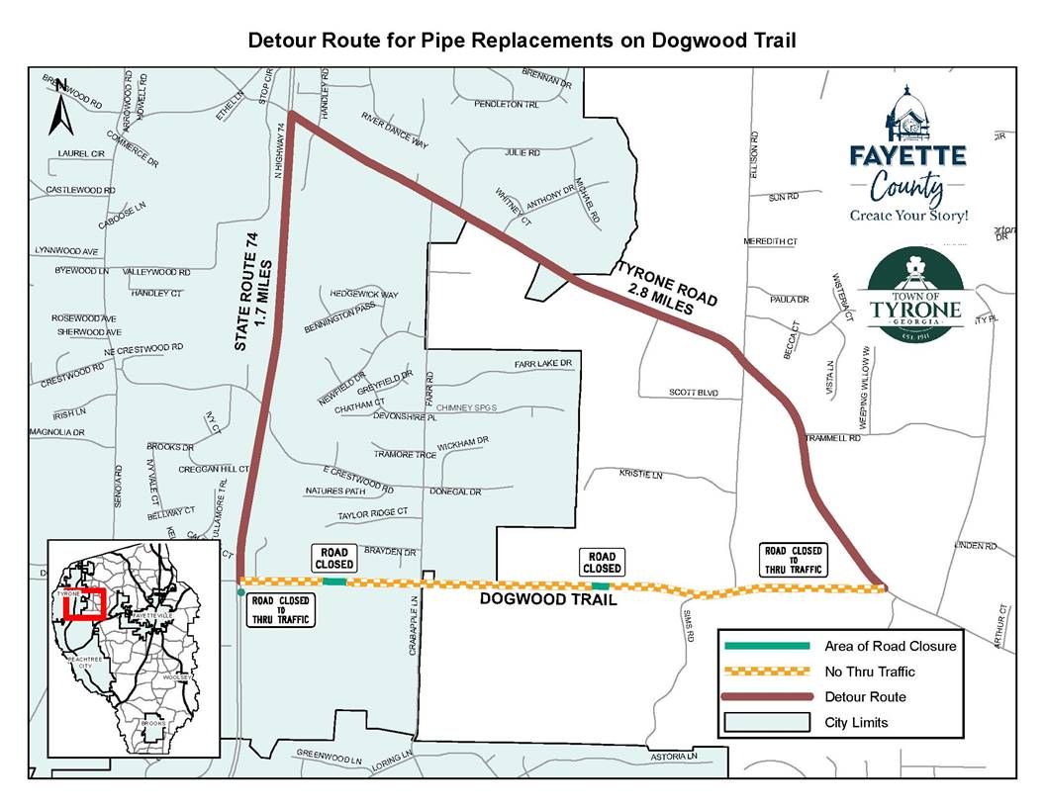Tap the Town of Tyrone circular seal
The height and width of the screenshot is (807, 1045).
914,295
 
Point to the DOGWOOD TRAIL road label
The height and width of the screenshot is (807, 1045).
548,600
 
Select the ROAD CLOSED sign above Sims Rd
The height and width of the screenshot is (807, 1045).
602,563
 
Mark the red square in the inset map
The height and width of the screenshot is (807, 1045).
85,604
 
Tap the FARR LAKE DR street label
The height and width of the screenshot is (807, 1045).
543,364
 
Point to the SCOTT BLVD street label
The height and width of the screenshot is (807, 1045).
693,393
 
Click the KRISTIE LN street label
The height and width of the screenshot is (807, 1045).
640,475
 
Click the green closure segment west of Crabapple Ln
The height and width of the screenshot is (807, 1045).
334,583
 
